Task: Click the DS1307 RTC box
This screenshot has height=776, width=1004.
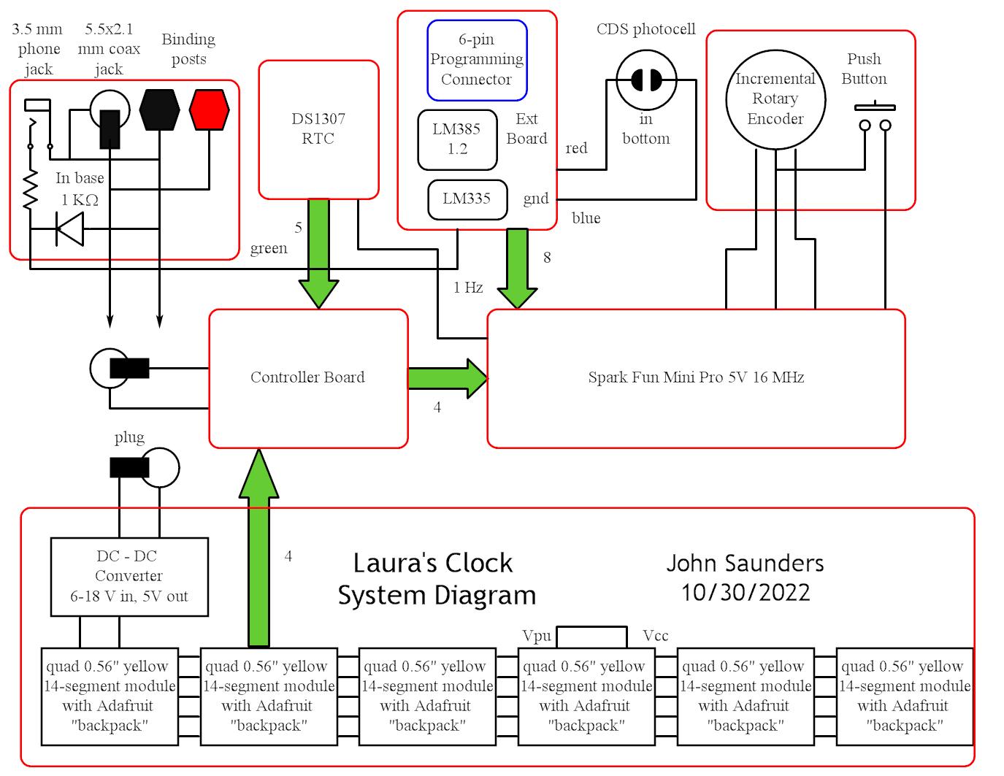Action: pos(318,129)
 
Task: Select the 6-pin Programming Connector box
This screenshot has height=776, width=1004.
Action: pos(476,60)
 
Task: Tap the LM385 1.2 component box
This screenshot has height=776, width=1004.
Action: pos(456,139)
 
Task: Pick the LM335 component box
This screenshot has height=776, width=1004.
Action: pos(467,199)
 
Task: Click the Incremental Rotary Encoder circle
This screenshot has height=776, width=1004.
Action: pos(775,99)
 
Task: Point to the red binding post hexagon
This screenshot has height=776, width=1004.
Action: pos(209,110)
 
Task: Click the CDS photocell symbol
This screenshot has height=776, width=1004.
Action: pos(646,80)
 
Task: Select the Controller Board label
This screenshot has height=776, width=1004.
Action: pos(307,377)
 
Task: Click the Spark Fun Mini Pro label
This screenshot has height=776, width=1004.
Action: pos(696,377)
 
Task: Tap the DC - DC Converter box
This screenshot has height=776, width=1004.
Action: pos(129,577)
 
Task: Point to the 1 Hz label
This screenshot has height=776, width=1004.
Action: pos(468,288)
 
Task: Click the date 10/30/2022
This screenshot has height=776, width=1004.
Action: pos(746,592)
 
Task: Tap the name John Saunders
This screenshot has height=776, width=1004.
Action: pos(745,563)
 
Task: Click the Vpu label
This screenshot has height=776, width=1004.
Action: pos(537,636)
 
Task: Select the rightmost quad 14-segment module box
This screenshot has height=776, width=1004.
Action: pos(905,696)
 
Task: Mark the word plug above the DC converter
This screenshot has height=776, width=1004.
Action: pos(129,437)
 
